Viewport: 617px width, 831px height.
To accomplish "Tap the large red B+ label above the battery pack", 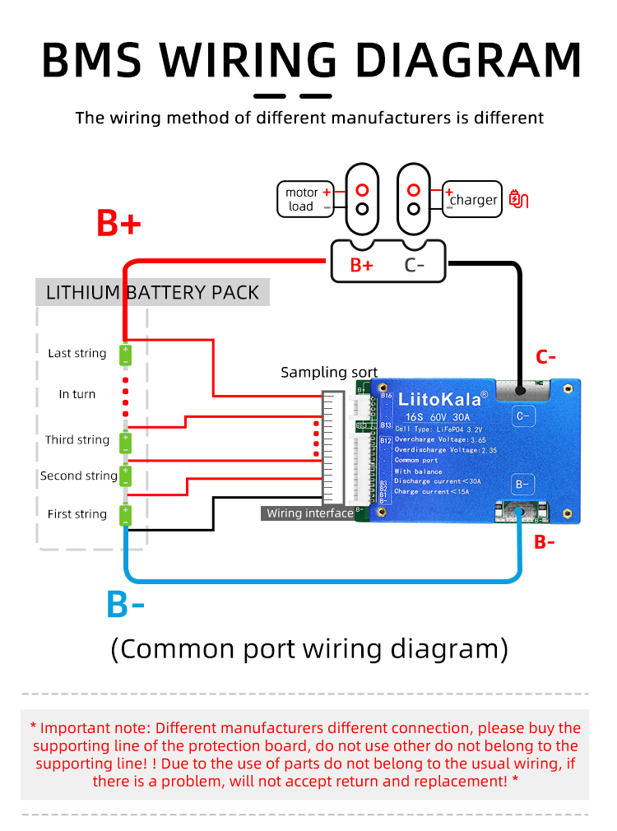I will (119, 223).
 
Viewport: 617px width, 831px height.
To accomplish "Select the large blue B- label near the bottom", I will (125, 605).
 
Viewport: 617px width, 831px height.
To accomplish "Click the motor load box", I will (305, 199).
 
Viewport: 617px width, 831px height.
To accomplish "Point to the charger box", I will (472, 199).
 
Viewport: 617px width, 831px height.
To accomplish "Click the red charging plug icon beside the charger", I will (519, 198).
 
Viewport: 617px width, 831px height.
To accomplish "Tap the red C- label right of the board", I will (546, 357).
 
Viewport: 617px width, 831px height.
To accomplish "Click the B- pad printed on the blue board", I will (522, 484).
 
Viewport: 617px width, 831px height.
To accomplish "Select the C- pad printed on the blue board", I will (522, 416).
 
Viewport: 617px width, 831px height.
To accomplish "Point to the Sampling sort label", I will (329, 373).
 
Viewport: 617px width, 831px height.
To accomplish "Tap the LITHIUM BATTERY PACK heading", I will (152, 292).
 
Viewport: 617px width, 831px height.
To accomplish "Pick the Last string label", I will (77, 353).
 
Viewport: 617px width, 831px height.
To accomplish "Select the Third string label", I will (77, 439).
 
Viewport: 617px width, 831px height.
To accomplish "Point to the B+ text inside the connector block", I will (362, 265).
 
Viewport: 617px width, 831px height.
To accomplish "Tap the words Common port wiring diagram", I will (308, 648).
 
